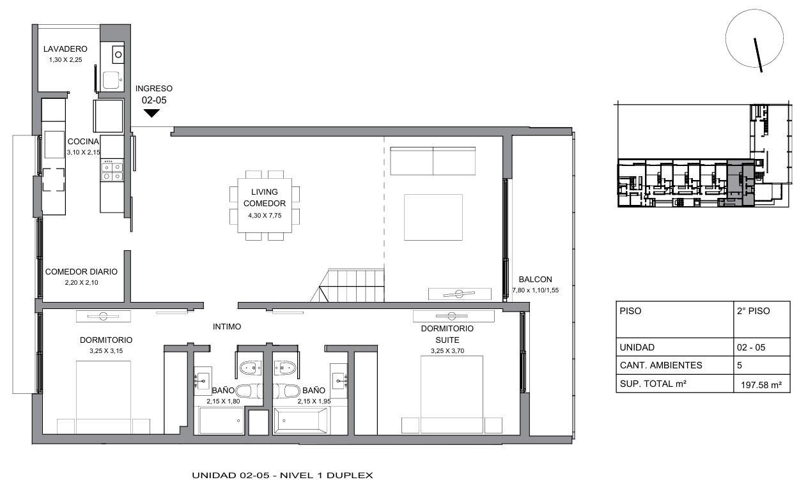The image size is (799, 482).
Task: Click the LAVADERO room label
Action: click(x=65, y=49)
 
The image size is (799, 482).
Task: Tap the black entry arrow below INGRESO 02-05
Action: click(x=151, y=113)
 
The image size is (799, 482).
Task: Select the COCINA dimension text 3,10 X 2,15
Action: click(x=84, y=153)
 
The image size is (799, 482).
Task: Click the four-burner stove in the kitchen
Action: click(x=112, y=171)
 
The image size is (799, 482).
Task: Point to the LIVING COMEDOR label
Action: click(x=265, y=197)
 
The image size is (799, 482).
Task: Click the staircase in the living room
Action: click(x=348, y=285)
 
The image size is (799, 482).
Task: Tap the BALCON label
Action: click(x=535, y=279)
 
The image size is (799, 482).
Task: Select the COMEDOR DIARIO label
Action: click(x=81, y=271)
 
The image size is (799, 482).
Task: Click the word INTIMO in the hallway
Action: click(x=227, y=327)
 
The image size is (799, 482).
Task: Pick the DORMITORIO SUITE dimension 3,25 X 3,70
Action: click(x=447, y=351)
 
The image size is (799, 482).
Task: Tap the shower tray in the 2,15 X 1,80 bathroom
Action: click(x=221, y=421)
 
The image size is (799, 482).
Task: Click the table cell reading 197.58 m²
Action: click(x=761, y=385)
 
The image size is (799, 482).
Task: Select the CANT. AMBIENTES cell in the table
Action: click(x=660, y=365)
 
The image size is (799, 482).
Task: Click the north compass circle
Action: click(x=754, y=38)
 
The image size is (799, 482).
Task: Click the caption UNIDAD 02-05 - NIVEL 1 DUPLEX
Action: click(x=282, y=475)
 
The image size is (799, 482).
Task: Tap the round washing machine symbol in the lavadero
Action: click(x=118, y=54)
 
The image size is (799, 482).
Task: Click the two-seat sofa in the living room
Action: click(x=433, y=161)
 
